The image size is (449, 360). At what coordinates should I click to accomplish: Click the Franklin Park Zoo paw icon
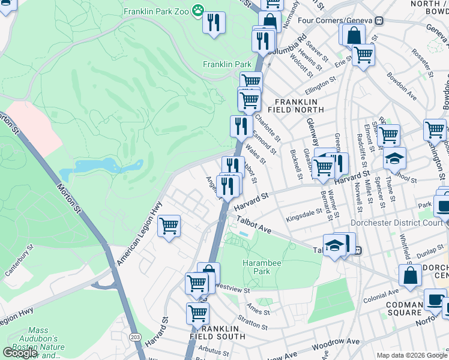(197, 11)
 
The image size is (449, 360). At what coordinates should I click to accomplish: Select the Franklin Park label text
(227, 64)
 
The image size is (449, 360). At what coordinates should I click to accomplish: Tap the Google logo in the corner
(19, 353)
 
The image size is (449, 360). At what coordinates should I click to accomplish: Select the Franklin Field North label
(300, 106)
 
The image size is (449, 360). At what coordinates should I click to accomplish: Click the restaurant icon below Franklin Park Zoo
(214, 23)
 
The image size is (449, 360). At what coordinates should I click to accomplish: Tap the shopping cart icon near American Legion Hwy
(169, 226)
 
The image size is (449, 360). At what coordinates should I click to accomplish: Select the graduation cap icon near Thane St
(394, 158)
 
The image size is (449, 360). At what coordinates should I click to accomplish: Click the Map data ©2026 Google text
(411, 355)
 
